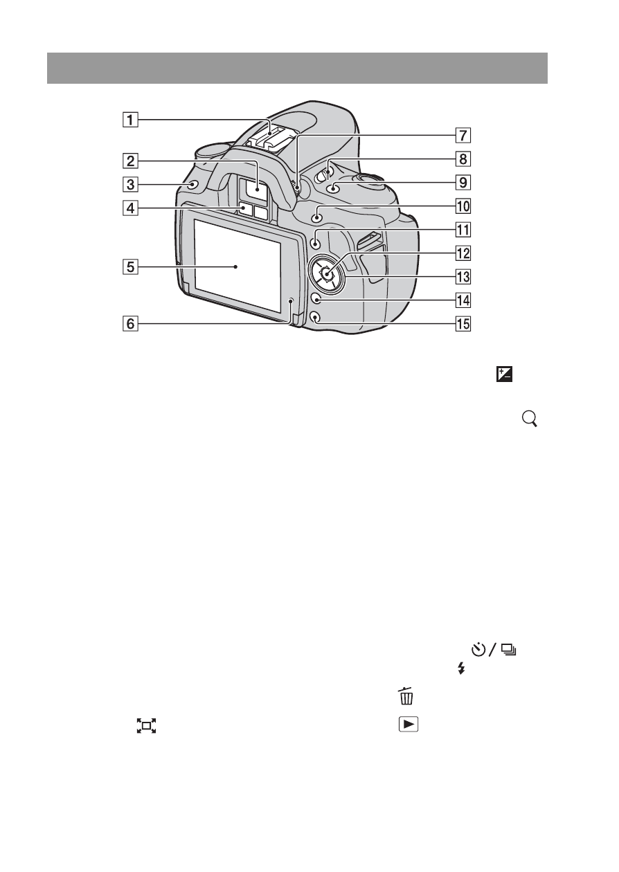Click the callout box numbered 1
click(x=130, y=120)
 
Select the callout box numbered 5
click(x=130, y=267)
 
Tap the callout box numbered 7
click(x=463, y=136)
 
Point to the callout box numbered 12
click(x=463, y=253)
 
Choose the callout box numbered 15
click(x=463, y=324)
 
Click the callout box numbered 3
click(x=130, y=185)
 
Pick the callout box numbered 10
click(x=463, y=206)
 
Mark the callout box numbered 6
click(x=130, y=324)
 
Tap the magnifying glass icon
click(x=530, y=419)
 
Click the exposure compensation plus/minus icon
click(x=504, y=374)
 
